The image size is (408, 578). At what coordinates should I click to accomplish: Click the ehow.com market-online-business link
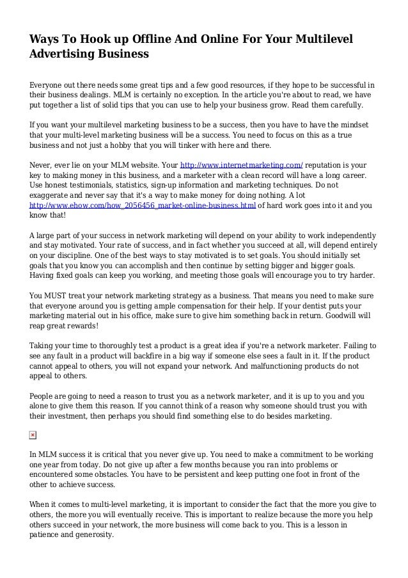[x=143, y=206]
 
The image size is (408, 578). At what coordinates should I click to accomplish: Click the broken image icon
[x=33, y=435]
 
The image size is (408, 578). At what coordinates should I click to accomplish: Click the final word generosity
[x=89, y=538]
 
